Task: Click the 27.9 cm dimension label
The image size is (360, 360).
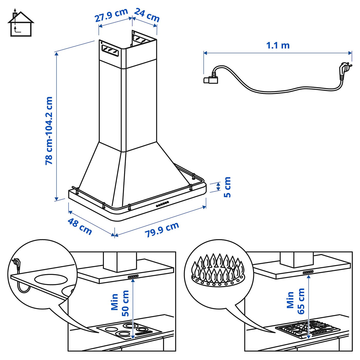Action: click(111, 15)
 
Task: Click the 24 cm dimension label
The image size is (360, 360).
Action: click(147, 15)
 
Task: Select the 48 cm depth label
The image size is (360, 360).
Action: click(80, 226)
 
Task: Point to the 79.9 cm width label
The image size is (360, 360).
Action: click(162, 229)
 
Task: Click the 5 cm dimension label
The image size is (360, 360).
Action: click(227, 187)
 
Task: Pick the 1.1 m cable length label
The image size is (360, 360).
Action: click(278, 46)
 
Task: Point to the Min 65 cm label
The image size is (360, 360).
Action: click(296, 301)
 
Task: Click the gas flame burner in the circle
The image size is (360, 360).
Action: click(218, 270)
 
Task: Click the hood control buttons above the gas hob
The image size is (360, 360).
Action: click(308, 272)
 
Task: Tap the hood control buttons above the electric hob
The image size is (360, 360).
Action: click(133, 276)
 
